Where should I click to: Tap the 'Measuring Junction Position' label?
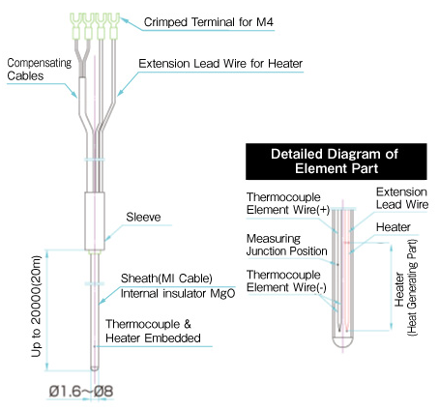tap(278, 246)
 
